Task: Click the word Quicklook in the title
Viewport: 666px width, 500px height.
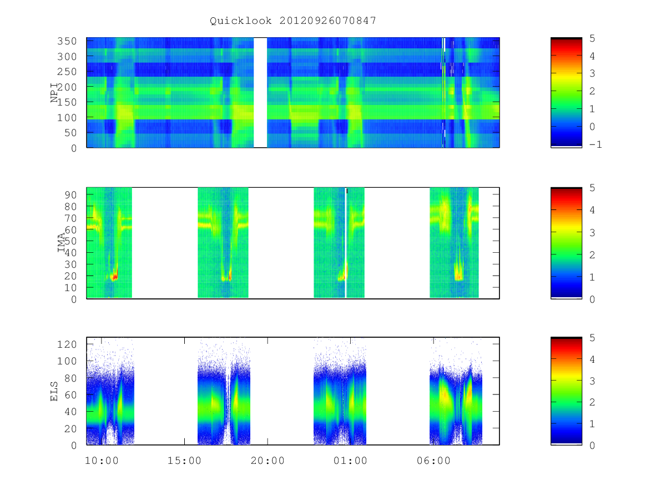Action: tap(240, 21)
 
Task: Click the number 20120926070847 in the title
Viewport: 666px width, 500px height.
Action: tap(327, 21)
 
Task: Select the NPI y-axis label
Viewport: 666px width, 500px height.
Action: tap(54, 93)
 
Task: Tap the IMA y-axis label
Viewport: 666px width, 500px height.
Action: tap(61, 243)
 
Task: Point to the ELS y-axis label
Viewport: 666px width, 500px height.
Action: tap(54, 391)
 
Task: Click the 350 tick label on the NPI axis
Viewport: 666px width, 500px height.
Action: tap(67, 41)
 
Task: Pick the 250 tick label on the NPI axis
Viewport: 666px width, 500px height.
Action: tap(67, 72)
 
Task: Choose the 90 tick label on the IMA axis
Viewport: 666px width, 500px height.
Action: tap(70, 195)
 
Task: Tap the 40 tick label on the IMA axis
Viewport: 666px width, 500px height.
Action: tap(70, 253)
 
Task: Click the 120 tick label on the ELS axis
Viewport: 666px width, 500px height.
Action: tap(67, 344)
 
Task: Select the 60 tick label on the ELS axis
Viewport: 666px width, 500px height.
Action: tap(70, 394)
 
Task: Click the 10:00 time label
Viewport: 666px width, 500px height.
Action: tap(102, 461)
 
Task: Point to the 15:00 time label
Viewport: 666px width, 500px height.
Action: tap(184, 461)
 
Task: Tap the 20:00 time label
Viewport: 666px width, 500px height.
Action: tap(268, 461)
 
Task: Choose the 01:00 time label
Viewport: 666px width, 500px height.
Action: tap(350, 461)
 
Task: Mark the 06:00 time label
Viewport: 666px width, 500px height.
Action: tap(433, 461)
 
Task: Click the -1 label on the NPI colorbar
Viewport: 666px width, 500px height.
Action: tap(596, 144)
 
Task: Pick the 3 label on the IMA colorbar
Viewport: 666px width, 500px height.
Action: tap(592, 233)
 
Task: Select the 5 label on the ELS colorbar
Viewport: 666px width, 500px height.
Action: tap(592, 338)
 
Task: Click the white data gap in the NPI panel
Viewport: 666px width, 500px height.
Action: tap(260, 92)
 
